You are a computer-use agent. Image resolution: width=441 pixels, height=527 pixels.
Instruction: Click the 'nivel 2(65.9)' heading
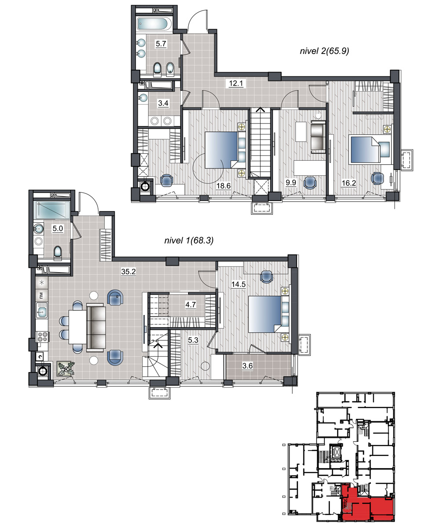324,51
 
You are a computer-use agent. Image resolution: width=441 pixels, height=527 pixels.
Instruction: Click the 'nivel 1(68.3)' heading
189,240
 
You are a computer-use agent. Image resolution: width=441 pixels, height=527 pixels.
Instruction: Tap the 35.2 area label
128,271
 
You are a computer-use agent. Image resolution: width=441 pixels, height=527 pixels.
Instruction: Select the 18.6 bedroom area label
223,186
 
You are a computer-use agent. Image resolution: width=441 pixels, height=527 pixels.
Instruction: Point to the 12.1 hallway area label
236,83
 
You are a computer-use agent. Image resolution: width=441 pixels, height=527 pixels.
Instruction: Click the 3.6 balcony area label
248,366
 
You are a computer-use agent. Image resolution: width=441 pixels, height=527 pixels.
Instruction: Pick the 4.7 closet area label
190,305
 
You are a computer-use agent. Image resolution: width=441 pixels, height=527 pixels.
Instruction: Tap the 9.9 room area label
291,182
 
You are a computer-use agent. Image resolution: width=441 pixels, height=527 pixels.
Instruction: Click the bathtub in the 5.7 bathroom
154,24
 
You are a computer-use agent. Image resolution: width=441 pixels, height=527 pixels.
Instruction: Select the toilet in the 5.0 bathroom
58,253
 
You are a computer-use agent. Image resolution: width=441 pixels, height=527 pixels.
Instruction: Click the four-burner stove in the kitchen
43,337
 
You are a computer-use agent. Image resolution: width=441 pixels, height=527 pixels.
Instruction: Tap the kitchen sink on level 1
42,310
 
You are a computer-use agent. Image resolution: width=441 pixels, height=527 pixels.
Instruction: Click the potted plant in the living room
66,369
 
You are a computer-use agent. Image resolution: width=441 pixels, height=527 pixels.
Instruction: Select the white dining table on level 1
77,327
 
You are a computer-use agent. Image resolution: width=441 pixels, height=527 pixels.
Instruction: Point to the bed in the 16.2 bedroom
369,149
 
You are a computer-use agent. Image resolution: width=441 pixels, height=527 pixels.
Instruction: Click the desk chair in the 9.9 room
310,182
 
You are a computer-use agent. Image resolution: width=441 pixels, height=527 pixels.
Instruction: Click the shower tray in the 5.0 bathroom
52,210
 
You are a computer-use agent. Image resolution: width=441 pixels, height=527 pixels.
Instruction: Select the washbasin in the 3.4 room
143,98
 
